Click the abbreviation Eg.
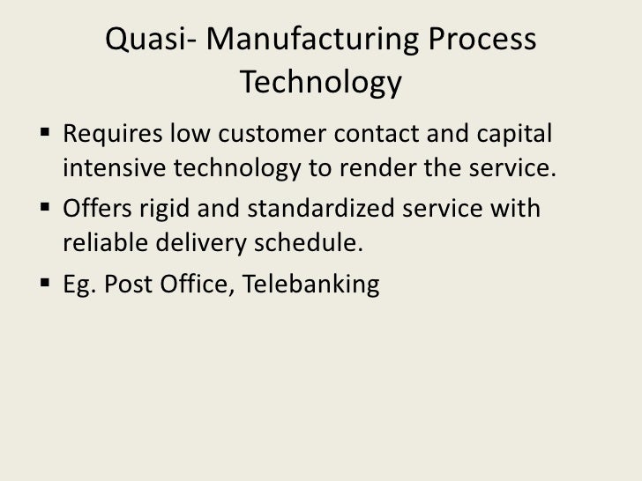(78, 285)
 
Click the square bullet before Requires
(46, 138)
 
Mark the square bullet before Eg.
(46, 285)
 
